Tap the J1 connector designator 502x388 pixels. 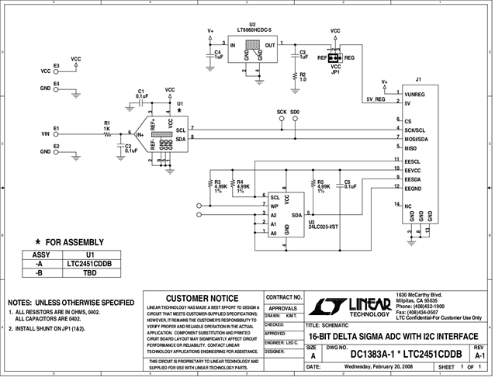pyautogui.click(x=418, y=79)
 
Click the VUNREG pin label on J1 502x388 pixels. pyautogui.click(x=417, y=94)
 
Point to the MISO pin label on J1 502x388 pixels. pyautogui.click(x=412, y=147)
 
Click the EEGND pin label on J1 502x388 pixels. pyautogui.click(x=414, y=188)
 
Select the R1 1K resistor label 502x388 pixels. pyautogui.click(x=107, y=125)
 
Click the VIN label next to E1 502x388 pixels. pyautogui.click(x=45, y=133)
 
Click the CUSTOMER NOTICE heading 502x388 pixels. pyautogui.click(x=203, y=299)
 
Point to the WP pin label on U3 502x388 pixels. pyautogui.click(x=275, y=206)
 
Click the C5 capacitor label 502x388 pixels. pyautogui.click(x=347, y=183)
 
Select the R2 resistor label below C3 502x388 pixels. pyautogui.click(x=303, y=76)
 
